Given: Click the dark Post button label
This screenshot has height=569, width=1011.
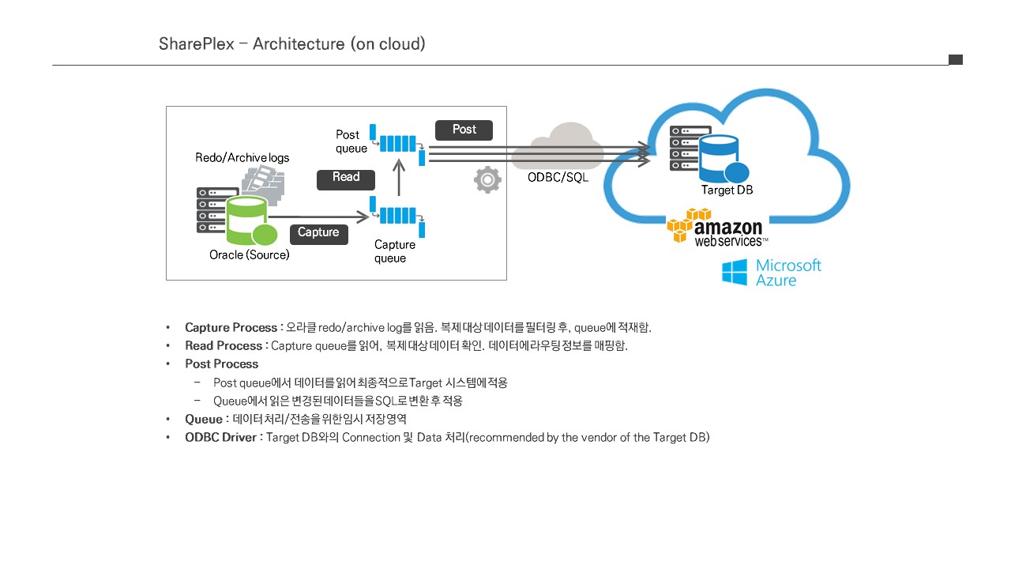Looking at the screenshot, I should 464,130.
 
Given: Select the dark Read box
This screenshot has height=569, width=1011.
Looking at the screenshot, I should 346,179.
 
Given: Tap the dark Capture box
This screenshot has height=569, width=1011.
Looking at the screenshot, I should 318,234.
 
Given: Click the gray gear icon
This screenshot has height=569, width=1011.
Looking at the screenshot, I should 487,180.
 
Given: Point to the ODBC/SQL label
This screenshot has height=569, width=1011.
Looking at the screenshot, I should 558,178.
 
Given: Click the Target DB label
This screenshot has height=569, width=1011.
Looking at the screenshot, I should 727,190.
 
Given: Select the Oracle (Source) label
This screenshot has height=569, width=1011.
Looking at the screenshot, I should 249,255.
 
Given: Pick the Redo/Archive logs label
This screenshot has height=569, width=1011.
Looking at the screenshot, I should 242,158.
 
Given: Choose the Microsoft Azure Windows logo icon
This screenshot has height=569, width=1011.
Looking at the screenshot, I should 735,273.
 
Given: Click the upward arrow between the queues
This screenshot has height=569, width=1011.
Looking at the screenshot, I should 399,177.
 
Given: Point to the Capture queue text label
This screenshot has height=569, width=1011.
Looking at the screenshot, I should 394,251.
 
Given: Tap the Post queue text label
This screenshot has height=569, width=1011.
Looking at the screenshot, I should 351,141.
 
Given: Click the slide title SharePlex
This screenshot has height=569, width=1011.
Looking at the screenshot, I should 197,44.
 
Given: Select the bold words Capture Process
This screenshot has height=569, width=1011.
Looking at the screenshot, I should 231,327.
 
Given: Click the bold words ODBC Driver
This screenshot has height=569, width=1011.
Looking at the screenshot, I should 220,437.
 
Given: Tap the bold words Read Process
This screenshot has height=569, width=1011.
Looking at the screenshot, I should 224,345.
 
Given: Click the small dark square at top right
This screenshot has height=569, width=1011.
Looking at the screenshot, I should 956,60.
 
